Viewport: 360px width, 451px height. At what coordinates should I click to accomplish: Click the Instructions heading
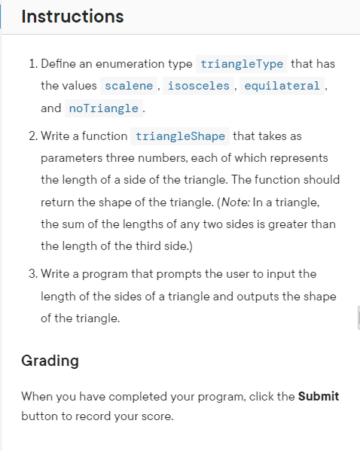pos(73,16)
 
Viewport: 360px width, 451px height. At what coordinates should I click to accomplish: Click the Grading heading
pos(50,361)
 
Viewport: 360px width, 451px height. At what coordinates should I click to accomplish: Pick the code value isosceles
pos(198,86)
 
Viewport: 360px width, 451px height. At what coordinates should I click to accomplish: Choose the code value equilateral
pos(282,86)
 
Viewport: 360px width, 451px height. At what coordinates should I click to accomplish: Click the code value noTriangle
pos(103,108)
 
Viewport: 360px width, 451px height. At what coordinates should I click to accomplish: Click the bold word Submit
pos(319,396)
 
